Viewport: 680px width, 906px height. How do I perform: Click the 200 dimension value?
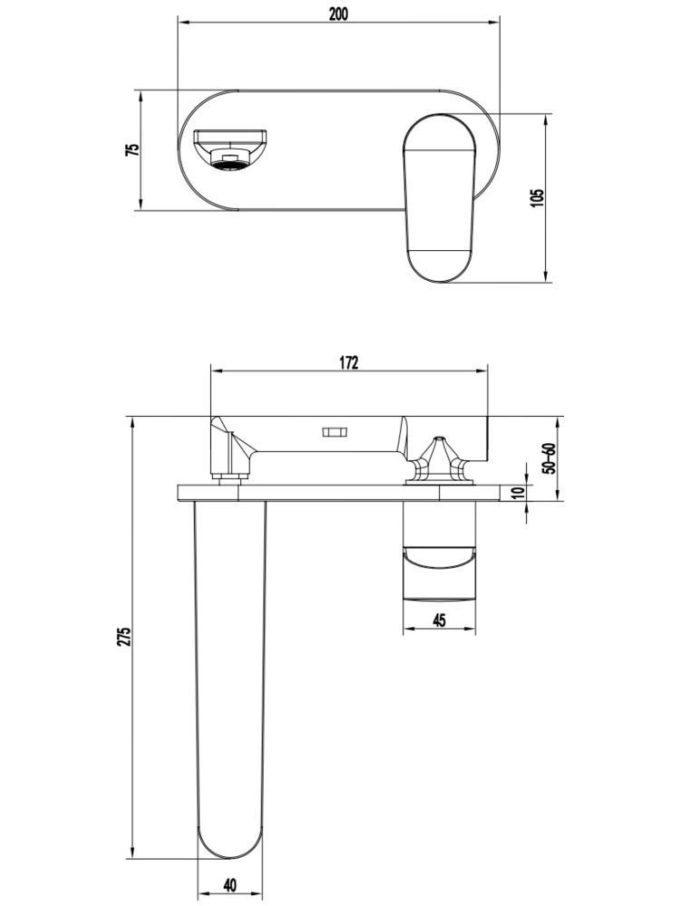(x=338, y=14)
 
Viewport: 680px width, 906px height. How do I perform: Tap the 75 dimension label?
(x=132, y=149)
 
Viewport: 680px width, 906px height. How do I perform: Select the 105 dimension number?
(x=537, y=198)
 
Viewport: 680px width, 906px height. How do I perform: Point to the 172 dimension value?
(x=349, y=362)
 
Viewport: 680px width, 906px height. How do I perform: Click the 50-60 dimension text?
(x=549, y=458)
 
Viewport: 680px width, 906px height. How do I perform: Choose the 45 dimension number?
(x=439, y=621)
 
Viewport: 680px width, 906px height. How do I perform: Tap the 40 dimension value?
(x=230, y=885)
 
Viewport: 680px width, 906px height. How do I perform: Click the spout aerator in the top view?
(x=230, y=159)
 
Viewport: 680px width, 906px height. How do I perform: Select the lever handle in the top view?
(x=440, y=198)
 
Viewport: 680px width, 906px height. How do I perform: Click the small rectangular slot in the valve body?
(x=334, y=432)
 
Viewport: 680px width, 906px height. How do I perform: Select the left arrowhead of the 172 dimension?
(x=216, y=371)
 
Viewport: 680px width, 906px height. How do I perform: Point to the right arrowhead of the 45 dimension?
(x=471, y=630)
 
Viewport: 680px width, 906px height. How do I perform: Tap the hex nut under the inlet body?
(x=230, y=477)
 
